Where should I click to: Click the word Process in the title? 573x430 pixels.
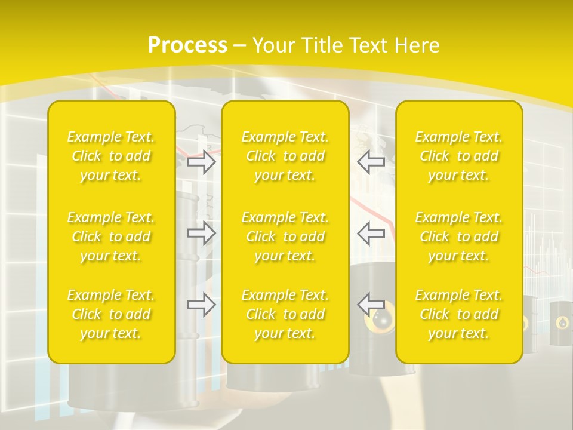point(187,45)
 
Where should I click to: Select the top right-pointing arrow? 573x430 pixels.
point(201,162)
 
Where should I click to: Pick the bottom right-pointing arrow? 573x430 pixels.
point(201,305)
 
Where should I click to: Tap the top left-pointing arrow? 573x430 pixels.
point(371,162)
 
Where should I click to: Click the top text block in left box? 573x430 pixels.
point(111,156)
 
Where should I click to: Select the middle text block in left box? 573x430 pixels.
point(111,236)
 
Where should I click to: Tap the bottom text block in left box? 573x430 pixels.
point(111,314)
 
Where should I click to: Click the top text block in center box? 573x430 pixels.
point(285,156)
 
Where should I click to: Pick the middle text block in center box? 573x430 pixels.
point(285,236)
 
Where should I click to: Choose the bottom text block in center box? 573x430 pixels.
point(285,314)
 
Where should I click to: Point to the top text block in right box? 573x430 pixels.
point(459,156)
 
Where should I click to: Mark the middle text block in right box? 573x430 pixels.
point(459,236)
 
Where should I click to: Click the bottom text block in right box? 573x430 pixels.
point(459,314)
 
